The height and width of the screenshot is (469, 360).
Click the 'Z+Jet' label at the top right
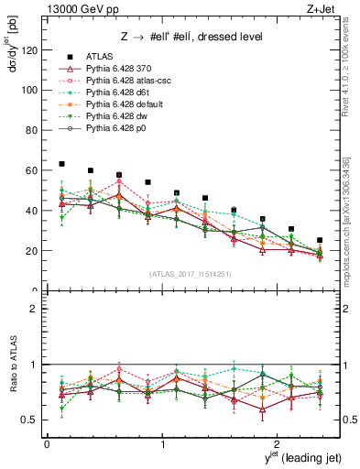click(322, 8)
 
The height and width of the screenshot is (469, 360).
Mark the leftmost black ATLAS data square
click(61, 164)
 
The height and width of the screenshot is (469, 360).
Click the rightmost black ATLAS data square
click(320, 240)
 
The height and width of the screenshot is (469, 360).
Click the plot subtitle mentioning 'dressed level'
click(191, 37)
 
